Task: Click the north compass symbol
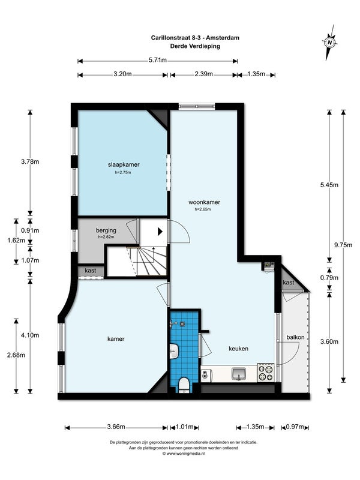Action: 329,43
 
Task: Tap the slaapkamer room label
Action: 124,164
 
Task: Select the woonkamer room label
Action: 204,202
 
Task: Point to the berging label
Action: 106,230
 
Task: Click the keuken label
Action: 238,349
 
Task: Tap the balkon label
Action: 295,337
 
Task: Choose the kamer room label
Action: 116,339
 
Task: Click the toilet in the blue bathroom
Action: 184,385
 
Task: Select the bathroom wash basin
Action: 174,352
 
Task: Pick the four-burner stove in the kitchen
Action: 265,372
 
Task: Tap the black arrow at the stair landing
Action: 160,232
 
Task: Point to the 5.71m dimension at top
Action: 158,61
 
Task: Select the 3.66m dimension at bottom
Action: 116,427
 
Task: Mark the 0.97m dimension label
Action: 295,427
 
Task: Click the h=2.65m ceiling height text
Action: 203,209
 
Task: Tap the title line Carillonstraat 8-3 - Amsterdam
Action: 196,38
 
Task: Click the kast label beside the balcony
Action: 289,283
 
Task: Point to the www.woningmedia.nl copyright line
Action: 184,454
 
